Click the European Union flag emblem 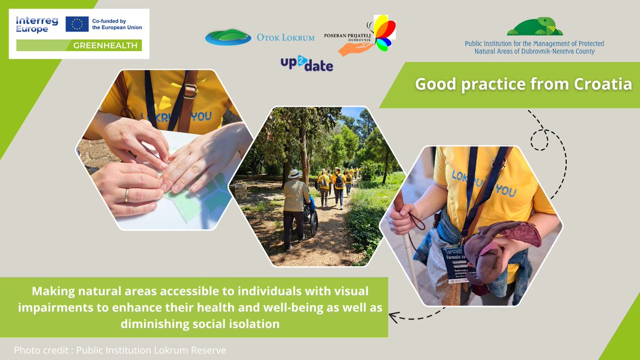coord(77,24)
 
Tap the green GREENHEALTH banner coord(79,45)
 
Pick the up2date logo coord(307,65)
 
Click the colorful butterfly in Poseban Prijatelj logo coord(383,33)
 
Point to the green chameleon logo coord(534,26)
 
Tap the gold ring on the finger coord(126,196)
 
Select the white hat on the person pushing coord(294,174)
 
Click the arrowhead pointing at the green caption coord(393,318)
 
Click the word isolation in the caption coord(253,324)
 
